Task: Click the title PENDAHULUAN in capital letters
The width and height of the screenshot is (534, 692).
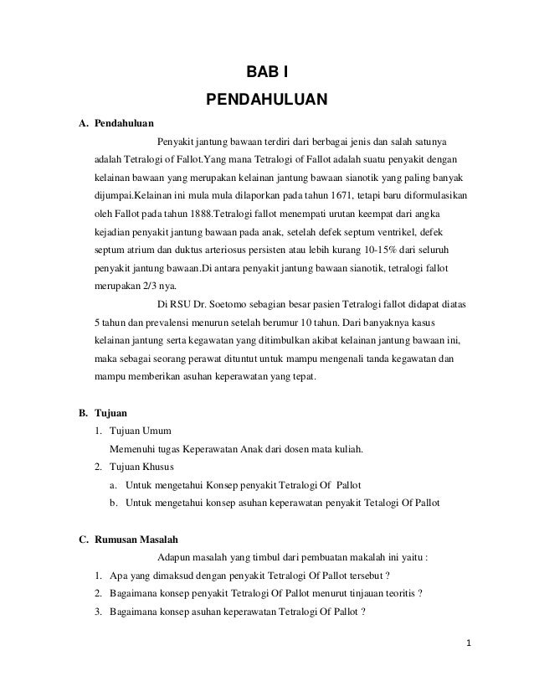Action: click(x=267, y=101)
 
